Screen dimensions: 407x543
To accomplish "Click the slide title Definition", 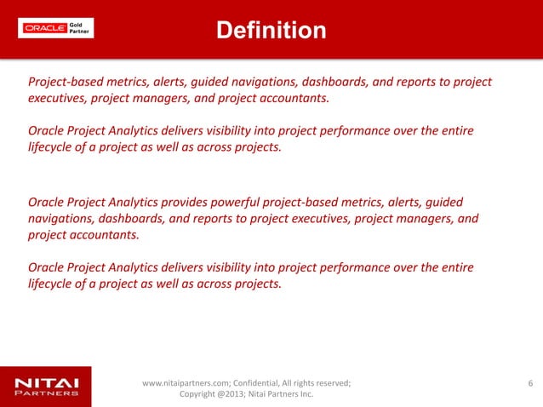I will click(x=271, y=31).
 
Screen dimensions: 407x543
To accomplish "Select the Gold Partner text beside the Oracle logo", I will click(x=78, y=27).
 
